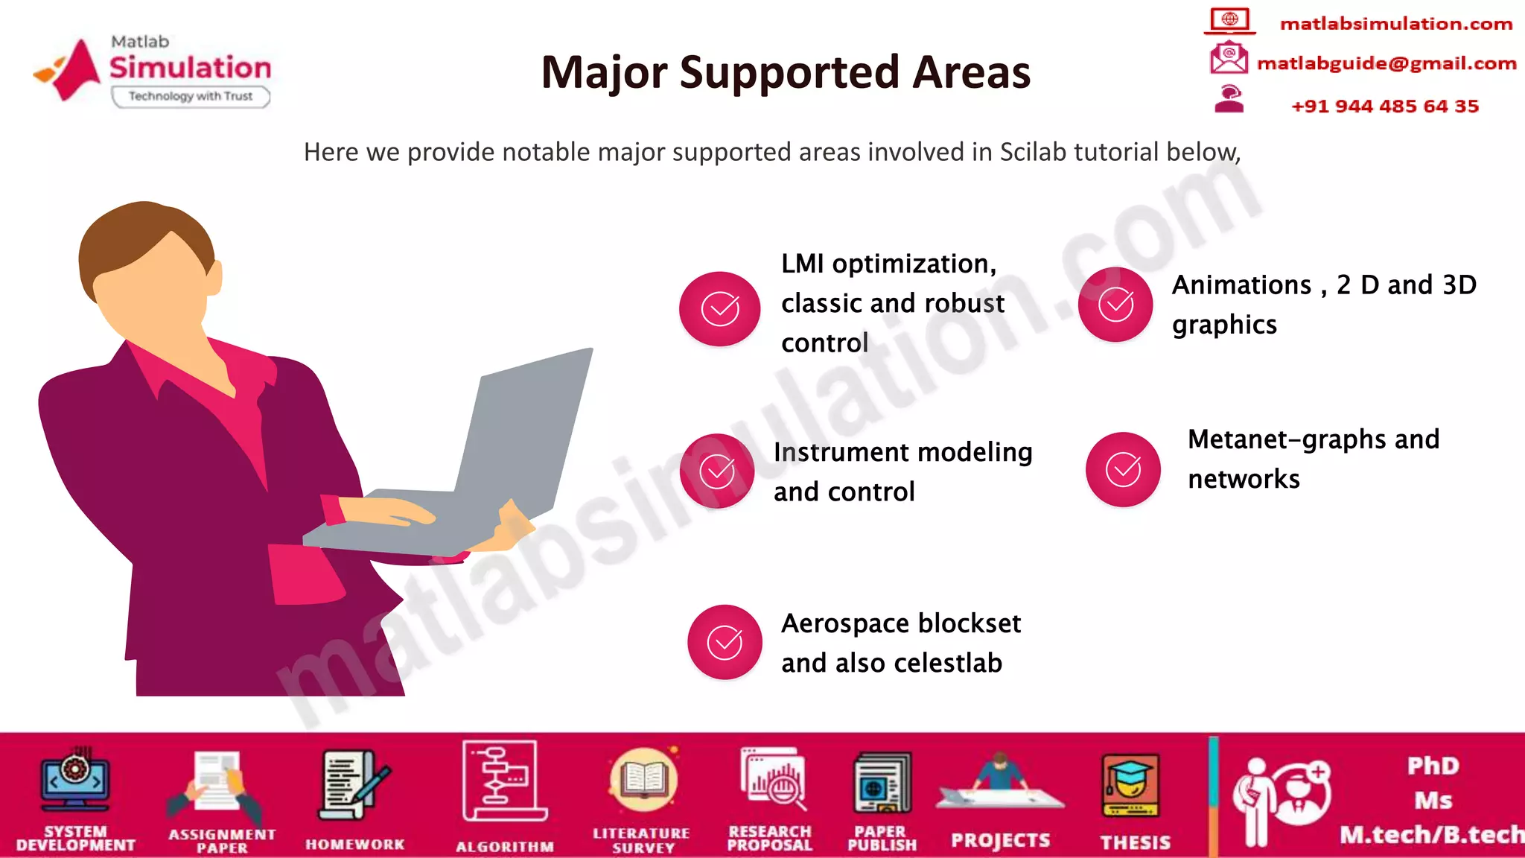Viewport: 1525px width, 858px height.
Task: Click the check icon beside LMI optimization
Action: point(719,308)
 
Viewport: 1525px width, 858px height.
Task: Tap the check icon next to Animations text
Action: point(1115,304)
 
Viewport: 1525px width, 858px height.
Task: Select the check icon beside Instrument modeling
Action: point(717,471)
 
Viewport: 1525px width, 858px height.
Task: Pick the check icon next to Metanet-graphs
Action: point(1123,469)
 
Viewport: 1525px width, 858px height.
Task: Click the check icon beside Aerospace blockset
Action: point(725,642)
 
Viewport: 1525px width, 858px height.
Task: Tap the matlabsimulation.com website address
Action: point(1395,24)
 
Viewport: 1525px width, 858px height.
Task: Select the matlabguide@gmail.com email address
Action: point(1386,63)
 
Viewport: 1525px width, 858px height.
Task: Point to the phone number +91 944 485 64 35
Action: point(1384,106)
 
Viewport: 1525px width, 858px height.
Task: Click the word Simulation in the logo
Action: point(191,68)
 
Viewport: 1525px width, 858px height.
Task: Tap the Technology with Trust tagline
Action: point(191,96)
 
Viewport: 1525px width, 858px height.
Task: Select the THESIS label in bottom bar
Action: point(1135,842)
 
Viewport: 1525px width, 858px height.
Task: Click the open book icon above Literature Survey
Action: point(643,780)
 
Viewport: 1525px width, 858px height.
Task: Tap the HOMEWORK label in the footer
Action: point(354,845)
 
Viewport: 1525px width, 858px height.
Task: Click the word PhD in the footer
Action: point(1433,766)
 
